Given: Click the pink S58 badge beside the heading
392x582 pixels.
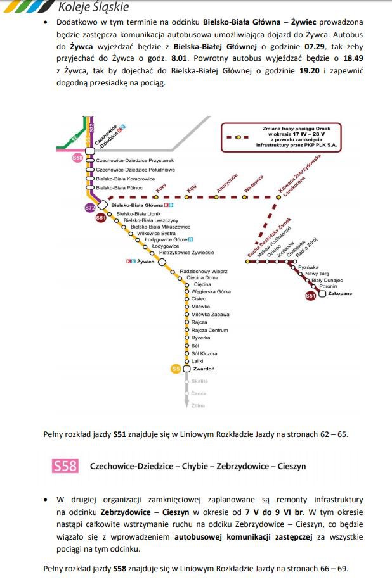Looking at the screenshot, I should click(65, 466).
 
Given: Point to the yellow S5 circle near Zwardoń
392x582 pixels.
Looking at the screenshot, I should click(176, 369).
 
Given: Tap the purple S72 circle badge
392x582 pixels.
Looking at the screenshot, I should click(90, 208).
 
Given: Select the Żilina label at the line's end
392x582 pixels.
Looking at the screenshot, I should click(198, 405).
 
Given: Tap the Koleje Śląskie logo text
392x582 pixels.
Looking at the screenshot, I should click(93, 7).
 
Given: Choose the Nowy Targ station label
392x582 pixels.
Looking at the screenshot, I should click(316, 273).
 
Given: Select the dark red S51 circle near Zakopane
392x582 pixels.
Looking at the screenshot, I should click(310, 295).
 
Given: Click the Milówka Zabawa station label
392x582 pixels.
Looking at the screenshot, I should click(210, 314).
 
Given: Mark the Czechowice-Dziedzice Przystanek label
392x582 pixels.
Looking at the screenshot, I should click(134, 161).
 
